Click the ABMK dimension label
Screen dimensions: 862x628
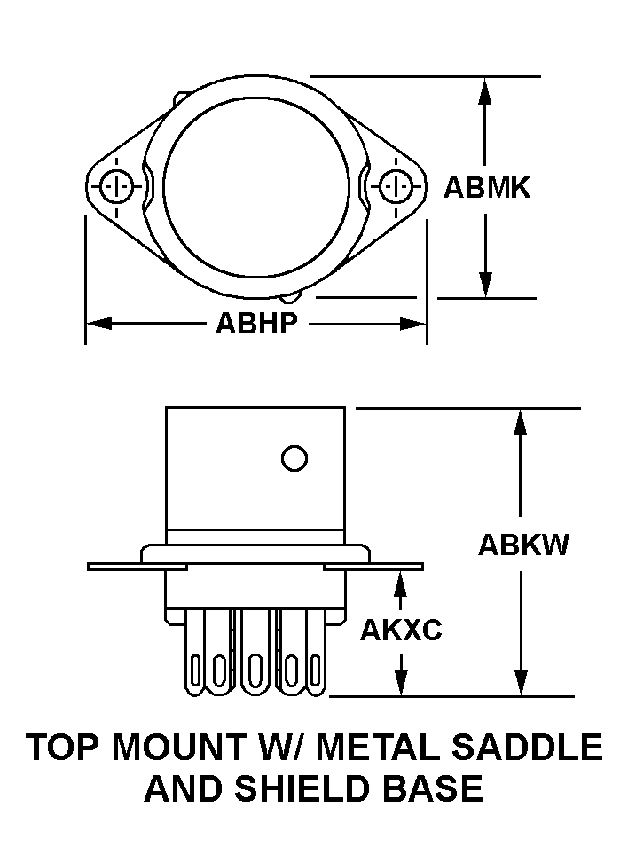pos(487,188)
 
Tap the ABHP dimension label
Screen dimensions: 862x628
pos(256,324)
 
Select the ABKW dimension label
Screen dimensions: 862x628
pos(523,545)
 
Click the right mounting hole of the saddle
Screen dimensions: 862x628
pos(395,187)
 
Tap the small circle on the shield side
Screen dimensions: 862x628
pos(294,458)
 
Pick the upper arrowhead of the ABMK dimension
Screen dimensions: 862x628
pos(485,90)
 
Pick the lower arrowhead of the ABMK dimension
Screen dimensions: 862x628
pos(485,286)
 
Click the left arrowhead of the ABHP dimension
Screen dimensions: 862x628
pos(98,324)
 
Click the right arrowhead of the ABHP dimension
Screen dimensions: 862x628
pos(414,324)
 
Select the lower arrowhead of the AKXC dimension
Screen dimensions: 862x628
pos(401,684)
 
